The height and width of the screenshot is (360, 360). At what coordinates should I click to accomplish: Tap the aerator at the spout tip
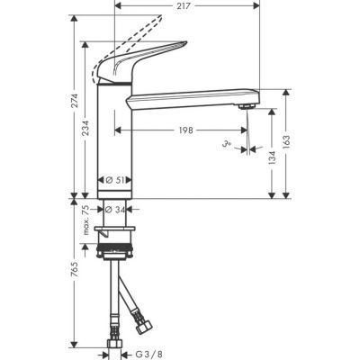point(247,107)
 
